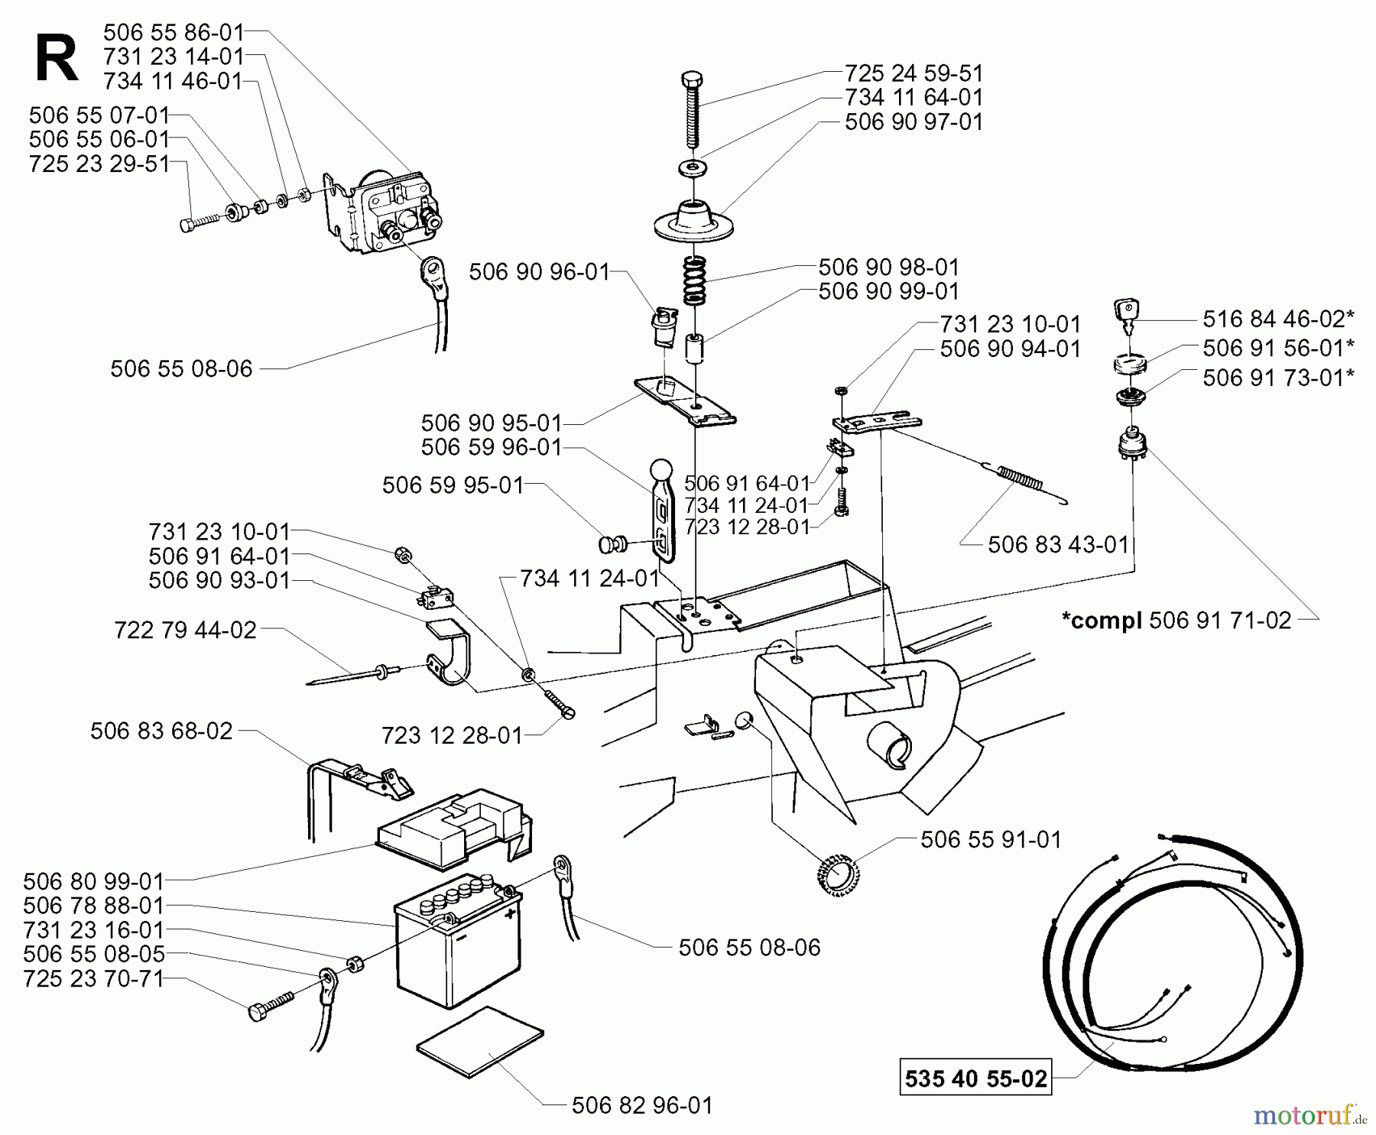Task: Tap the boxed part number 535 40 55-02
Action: tap(975, 1078)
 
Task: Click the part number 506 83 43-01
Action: tap(1058, 545)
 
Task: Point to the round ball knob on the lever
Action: tap(660, 469)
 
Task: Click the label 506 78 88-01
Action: tap(93, 906)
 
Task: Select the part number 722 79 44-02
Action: tap(185, 631)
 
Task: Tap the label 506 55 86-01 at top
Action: tap(174, 33)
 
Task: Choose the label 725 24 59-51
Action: tap(914, 73)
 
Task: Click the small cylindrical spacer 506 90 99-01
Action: tap(693, 347)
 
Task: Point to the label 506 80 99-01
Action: tap(93, 881)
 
